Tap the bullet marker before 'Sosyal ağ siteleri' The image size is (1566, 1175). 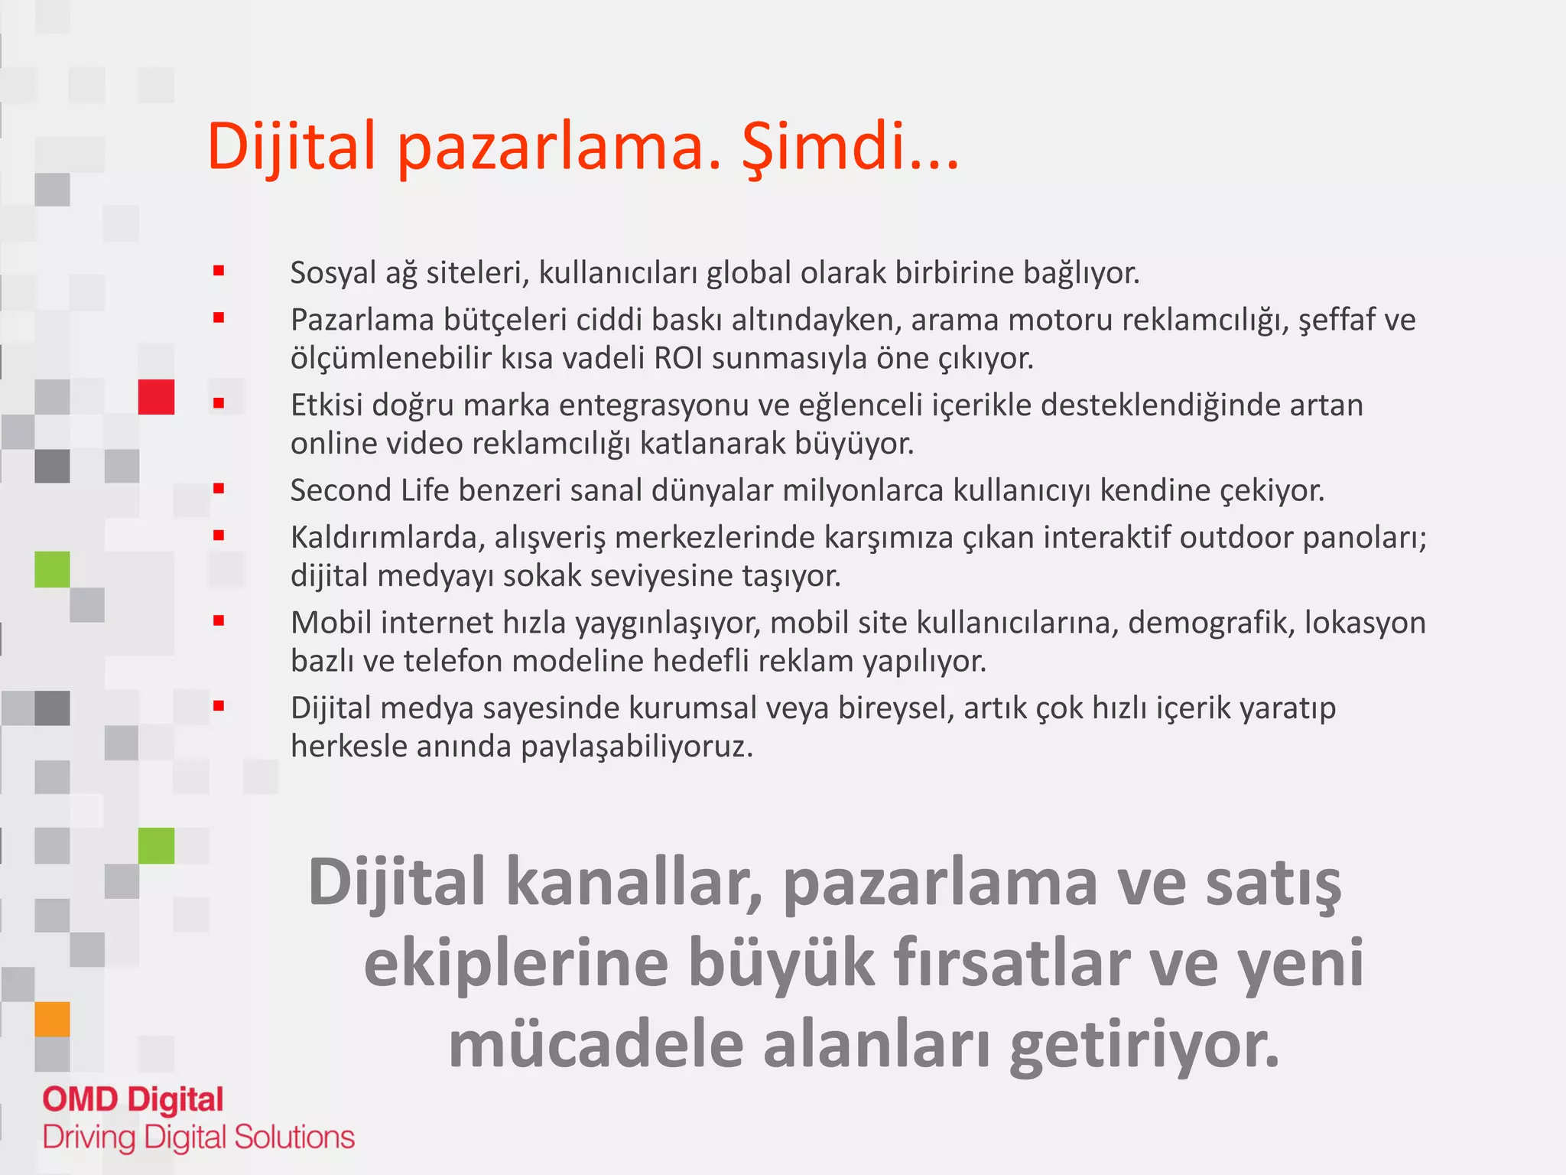click(219, 271)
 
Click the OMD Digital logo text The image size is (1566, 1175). click(133, 1100)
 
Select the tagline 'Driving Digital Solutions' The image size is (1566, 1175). click(199, 1138)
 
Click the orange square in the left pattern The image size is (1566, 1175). click(52, 1019)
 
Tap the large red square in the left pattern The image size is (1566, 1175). click(156, 397)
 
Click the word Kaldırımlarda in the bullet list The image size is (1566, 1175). click(387, 538)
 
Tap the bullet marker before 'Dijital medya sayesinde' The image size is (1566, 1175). click(219, 706)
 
